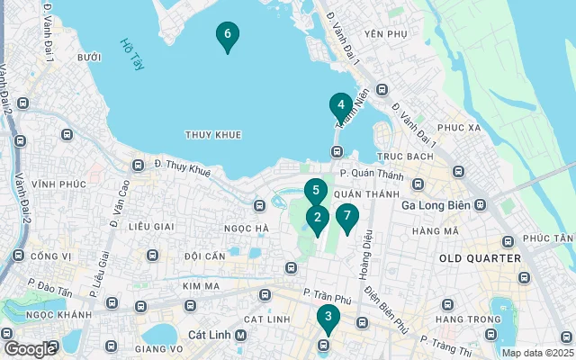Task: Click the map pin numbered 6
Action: coord(228,35)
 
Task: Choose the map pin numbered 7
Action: coord(346,216)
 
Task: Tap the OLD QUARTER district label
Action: coord(480,258)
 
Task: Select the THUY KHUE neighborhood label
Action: coord(213,135)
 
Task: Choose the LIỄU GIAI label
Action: coord(150,226)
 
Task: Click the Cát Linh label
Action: coord(211,334)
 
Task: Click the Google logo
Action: coord(30,348)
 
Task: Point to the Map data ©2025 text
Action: coord(537,353)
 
